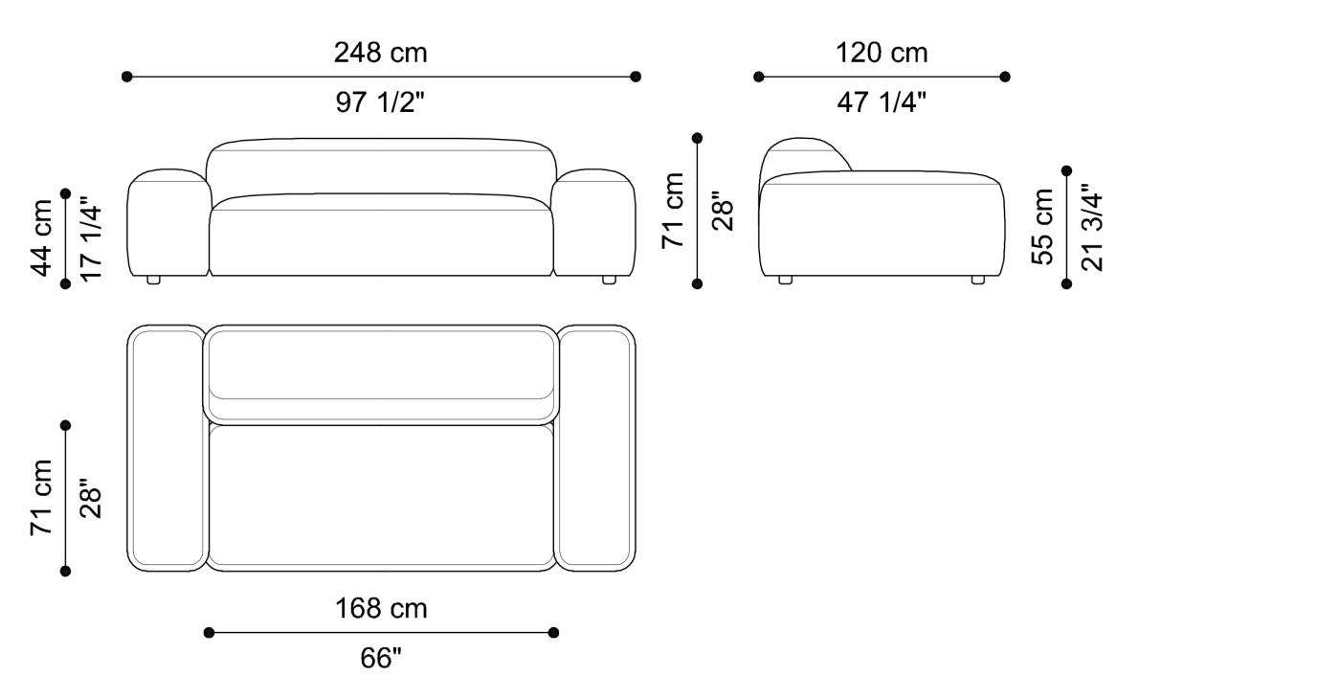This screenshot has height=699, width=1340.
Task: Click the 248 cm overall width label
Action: pos(380,53)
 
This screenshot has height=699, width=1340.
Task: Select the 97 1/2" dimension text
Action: pos(380,102)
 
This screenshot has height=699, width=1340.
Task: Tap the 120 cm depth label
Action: pos(882,53)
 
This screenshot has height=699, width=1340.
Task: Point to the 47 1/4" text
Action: pos(882,102)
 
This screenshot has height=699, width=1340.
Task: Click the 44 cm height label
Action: pos(43,237)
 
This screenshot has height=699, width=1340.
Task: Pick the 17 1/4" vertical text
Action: pos(91,237)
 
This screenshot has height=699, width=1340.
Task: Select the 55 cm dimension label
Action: pos(1042,226)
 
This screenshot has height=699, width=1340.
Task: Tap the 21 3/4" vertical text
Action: pos(1091,226)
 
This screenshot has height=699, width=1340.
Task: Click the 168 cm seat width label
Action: pos(380,608)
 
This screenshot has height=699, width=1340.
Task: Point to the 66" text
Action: pos(380,659)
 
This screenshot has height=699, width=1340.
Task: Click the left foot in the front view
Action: pos(153,281)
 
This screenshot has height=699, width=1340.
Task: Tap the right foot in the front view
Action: pos(609,281)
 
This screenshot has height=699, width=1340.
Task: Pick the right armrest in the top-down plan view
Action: pos(596,448)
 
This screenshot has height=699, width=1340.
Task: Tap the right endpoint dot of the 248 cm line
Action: pos(636,77)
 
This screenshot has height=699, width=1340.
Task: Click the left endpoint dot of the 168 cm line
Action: pos(210,632)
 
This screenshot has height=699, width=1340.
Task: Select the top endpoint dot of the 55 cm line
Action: pos(1067,170)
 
